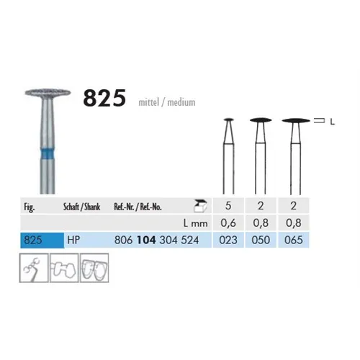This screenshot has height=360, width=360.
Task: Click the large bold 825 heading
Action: tap(104, 98)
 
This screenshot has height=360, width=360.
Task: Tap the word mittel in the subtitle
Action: tap(148, 102)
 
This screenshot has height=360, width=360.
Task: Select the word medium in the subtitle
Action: tap(181, 102)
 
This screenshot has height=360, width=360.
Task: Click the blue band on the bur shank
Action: tap(48, 153)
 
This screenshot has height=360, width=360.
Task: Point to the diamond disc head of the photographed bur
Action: tap(48, 93)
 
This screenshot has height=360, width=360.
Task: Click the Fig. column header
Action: tap(30, 207)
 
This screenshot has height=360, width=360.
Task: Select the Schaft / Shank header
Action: tap(81, 207)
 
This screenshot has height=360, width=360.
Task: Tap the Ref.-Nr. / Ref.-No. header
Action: tap(138, 207)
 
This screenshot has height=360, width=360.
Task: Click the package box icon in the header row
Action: tap(200, 206)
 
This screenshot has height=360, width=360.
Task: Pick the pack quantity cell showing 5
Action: tap(228, 206)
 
